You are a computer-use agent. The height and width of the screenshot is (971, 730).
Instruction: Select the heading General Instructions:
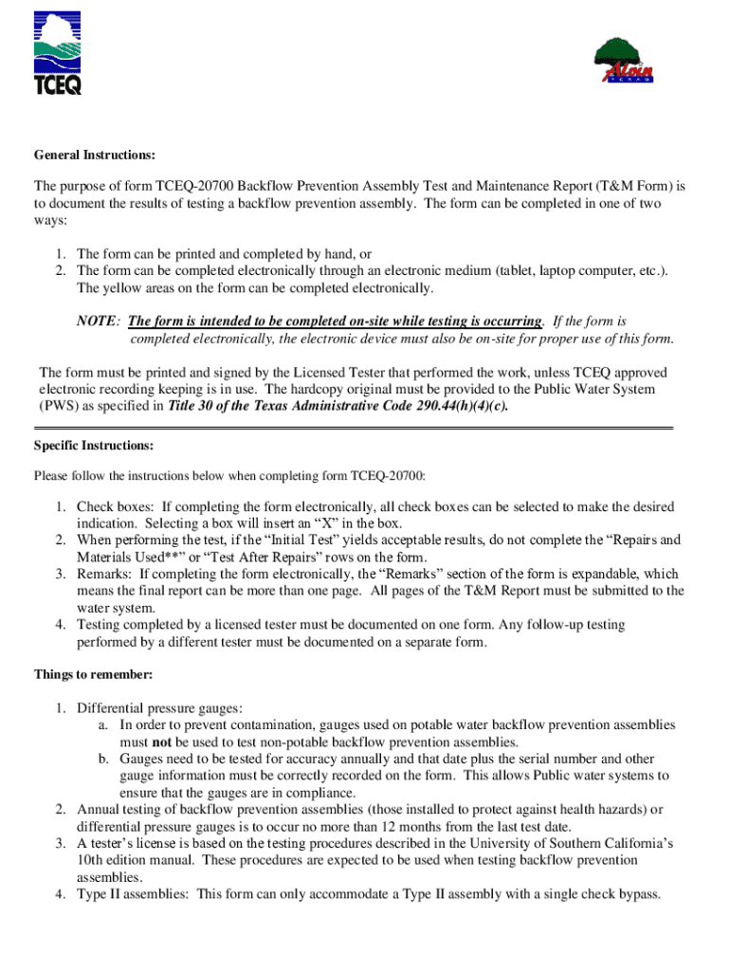coord(95,155)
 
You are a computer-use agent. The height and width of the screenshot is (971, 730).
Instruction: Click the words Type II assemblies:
coord(134,894)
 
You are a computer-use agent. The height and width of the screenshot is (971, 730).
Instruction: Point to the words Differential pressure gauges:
coord(159,707)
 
